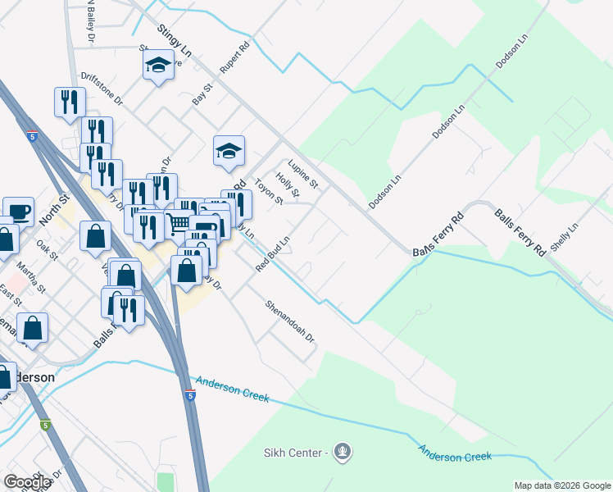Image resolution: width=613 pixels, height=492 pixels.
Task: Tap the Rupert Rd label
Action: coord(234,57)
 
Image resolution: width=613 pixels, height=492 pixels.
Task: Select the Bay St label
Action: coord(202,93)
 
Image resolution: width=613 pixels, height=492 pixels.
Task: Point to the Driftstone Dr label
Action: coord(101,89)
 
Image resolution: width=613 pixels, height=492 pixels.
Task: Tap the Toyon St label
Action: coord(269,192)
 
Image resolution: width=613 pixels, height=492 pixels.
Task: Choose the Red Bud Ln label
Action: coord(273,255)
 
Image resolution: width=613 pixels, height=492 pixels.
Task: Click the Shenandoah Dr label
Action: coord(289,321)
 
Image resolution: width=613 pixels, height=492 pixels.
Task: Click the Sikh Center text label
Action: coord(295,453)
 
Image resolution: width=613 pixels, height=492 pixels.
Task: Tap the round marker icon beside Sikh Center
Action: coord(343,451)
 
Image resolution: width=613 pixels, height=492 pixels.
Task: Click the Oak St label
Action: coord(48,250)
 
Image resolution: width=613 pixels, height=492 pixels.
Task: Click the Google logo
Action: coord(28,482)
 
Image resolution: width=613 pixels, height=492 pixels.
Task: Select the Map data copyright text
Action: coord(562,485)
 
